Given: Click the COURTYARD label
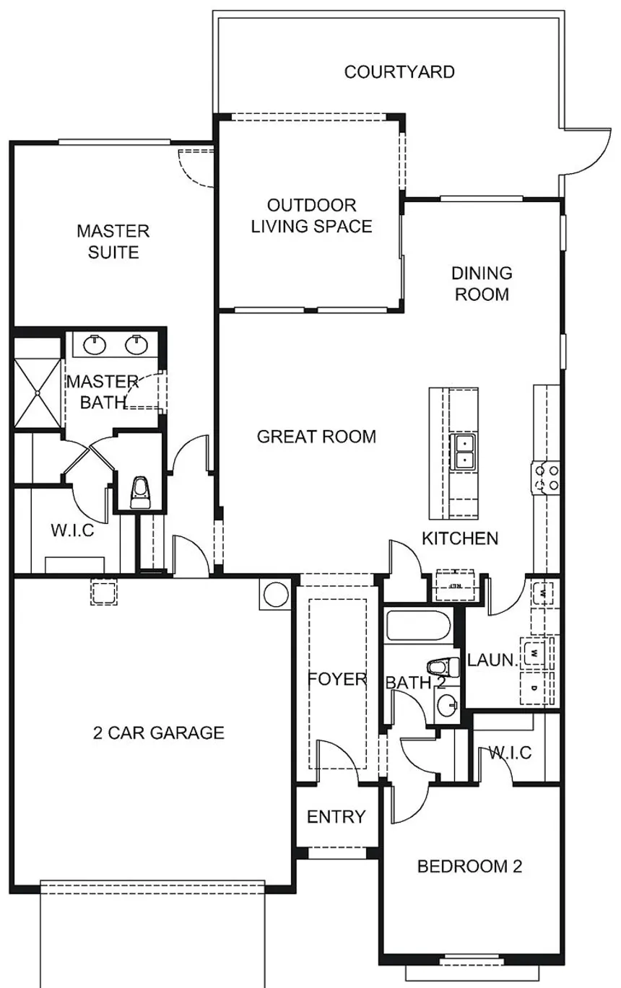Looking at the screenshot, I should [x=399, y=72].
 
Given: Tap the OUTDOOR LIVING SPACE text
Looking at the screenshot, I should [x=311, y=216].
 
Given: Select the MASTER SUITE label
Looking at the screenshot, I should [x=113, y=242].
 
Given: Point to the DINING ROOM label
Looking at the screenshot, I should [x=482, y=284].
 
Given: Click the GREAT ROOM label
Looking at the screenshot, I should [x=316, y=437].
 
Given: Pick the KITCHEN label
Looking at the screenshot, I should [x=460, y=538].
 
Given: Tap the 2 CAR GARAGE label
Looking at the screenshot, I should [x=159, y=733].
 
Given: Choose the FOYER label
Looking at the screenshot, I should [x=337, y=680].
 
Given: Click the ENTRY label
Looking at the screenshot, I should [x=336, y=817].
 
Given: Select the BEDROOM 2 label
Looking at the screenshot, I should [x=469, y=866].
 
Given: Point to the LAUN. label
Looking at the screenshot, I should [x=493, y=660].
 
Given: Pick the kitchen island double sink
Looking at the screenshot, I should [x=463, y=450].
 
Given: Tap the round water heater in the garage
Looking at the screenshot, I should [x=276, y=594].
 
